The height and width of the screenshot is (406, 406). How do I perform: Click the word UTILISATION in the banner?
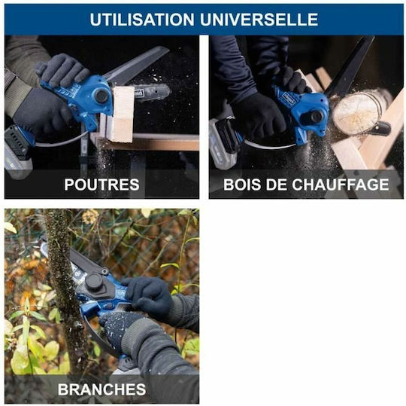pyautogui.click(x=142, y=19)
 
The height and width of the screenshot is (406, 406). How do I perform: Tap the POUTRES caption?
pyautogui.click(x=101, y=185)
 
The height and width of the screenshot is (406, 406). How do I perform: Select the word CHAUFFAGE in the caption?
pyautogui.click(x=341, y=185)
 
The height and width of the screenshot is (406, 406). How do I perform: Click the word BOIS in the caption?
pyautogui.click(x=242, y=185)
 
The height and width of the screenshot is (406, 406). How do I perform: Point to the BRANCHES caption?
pyautogui.click(x=101, y=389)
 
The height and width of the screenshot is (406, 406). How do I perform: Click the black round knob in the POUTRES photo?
pyautogui.click(x=101, y=95)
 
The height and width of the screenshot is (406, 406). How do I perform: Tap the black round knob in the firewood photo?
pyautogui.click(x=317, y=116)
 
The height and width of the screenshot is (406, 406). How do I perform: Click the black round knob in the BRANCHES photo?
pyautogui.click(x=94, y=282)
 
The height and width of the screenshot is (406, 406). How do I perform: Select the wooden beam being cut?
pyautogui.click(x=121, y=114)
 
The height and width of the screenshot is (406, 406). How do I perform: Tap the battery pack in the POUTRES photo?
pyautogui.click(x=17, y=151)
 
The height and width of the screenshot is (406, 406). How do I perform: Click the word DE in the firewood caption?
pyautogui.click(x=276, y=185)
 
